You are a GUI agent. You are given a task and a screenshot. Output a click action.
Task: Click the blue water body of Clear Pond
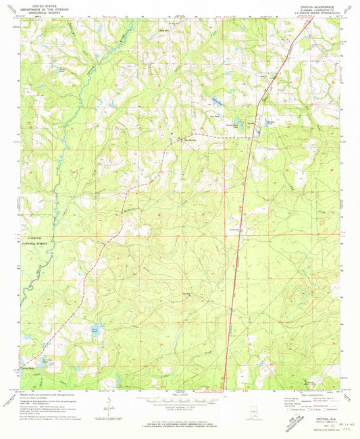pyautogui.click(x=96, y=331)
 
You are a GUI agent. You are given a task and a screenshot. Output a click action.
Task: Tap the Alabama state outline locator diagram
pyautogui.click(x=256, y=411)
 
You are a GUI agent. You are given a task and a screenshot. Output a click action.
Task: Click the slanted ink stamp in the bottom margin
pyautogui.click(x=276, y=421)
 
